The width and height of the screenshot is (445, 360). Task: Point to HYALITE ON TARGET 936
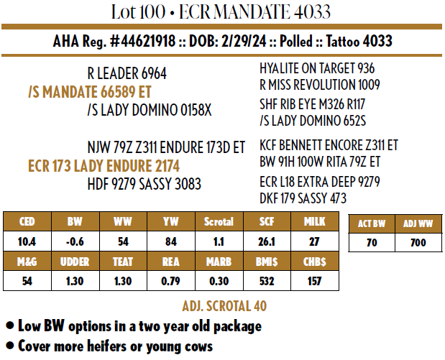pyautogui.click(x=317, y=68)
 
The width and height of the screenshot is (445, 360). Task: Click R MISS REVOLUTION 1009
pyautogui.click(x=320, y=85)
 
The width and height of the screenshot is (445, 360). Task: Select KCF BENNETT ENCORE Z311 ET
pyautogui.click(x=329, y=146)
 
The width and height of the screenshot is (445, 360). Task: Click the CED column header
pyautogui.click(x=27, y=221)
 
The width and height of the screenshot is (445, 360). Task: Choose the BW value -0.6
pyautogui.click(x=74, y=241)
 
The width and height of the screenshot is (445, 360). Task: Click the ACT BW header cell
pyautogui.click(x=372, y=224)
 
